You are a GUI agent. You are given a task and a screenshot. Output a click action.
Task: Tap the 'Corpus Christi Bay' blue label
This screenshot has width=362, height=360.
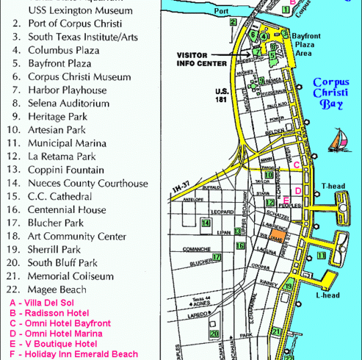click(330, 93)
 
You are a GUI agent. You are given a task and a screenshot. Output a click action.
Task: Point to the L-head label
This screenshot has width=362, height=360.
click(327, 295)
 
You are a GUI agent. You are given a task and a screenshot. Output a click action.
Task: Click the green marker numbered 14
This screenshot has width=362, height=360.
click(206, 223)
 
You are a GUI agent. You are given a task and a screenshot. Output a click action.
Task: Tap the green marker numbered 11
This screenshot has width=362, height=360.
click(321, 255)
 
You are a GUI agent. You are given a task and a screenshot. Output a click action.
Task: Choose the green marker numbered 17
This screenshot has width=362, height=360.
click(217, 257)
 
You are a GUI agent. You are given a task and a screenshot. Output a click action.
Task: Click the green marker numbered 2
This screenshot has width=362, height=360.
click(233, 22)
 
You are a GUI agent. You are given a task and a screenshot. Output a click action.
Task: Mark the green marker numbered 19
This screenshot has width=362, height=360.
click(289, 287)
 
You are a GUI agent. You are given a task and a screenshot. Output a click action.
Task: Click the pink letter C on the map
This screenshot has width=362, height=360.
click(296, 165)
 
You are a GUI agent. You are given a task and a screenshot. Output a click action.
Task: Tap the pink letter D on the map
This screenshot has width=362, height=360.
click(298, 191)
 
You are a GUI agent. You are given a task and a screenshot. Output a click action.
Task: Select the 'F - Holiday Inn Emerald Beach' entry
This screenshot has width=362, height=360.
click(73, 353)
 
